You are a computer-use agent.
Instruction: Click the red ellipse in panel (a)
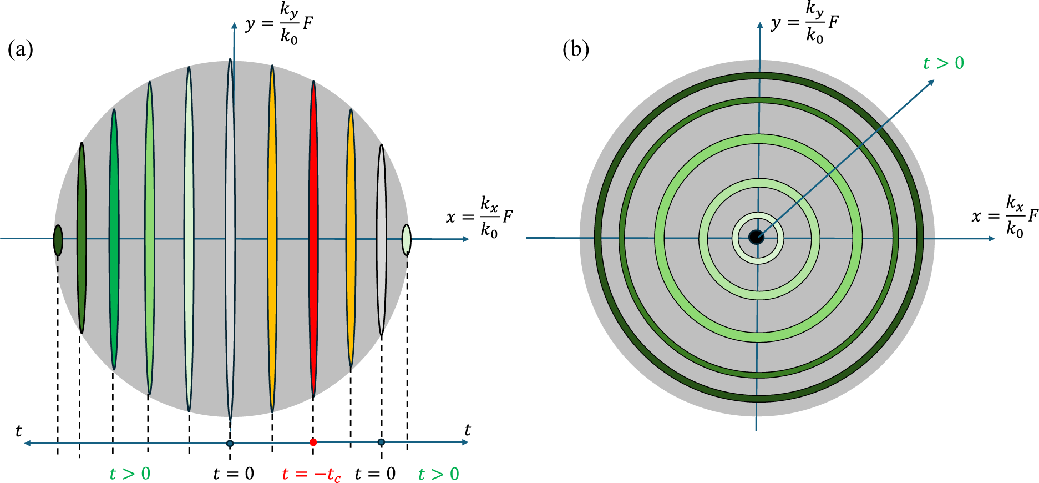point(313,239)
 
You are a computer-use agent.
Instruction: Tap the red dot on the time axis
point(313,442)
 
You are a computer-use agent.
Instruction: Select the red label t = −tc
point(311,474)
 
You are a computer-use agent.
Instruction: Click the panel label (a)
point(21,49)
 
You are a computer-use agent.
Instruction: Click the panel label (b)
point(575,49)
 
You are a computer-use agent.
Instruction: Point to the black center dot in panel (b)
point(756,238)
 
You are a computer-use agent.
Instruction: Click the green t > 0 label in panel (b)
point(943,63)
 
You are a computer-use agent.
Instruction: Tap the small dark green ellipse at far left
point(58,240)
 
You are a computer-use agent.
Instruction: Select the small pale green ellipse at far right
point(406,240)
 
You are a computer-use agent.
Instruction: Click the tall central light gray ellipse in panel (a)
point(230,239)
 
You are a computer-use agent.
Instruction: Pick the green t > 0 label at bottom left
point(130,474)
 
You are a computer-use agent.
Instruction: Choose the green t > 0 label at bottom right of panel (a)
point(438,474)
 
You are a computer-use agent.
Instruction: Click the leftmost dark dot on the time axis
point(230,443)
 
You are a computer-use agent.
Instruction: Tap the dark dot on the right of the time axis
point(381,442)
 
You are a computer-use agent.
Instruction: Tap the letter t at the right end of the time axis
point(468,430)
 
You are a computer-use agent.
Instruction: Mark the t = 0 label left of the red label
point(234,474)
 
